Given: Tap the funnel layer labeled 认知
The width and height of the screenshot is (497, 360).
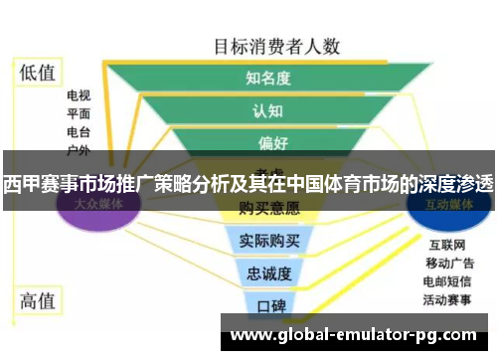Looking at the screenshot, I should [x=267, y=110].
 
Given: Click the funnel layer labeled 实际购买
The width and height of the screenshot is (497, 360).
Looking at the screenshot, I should [x=267, y=241].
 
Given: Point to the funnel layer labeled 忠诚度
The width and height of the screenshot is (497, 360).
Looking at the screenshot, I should [x=267, y=272].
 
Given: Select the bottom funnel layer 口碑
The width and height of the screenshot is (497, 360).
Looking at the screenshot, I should [x=267, y=305].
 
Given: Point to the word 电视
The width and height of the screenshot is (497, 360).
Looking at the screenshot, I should [x=79, y=96].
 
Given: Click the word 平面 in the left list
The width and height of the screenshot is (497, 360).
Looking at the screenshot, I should [x=79, y=114].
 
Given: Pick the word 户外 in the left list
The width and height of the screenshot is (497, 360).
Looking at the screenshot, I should [x=79, y=150].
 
